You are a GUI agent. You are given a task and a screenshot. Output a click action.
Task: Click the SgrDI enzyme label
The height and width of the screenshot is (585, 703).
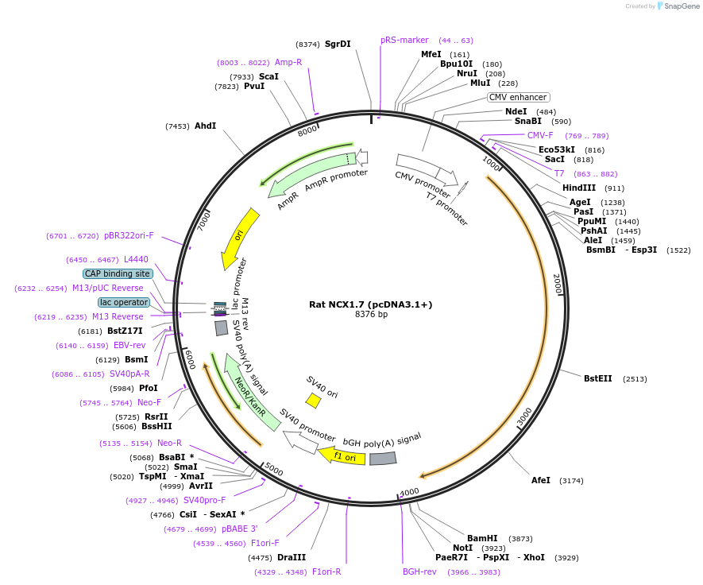coord(337,45)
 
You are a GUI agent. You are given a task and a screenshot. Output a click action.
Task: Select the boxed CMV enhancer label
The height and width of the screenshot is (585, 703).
coord(518,97)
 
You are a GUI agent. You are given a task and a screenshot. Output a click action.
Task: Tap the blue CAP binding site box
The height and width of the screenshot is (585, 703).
coord(118,273)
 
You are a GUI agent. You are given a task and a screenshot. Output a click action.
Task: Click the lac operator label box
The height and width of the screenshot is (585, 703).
coord(124,302)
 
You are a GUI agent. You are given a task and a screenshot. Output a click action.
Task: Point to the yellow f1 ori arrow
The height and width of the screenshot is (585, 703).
coord(342,456)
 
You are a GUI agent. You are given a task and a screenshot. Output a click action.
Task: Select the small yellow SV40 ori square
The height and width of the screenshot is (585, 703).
coord(314,401)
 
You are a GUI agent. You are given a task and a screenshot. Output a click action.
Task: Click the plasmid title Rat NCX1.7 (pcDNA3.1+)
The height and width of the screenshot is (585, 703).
coord(371,304)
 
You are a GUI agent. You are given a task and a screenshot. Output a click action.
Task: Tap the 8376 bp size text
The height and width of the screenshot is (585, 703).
coord(371,315)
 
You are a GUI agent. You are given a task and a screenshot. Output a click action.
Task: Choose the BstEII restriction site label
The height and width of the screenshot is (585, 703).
coord(598,378)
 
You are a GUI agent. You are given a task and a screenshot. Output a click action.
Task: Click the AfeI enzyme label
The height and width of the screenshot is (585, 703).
coord(541,480)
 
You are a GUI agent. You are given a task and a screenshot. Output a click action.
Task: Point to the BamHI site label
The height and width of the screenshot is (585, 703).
coord(482,538)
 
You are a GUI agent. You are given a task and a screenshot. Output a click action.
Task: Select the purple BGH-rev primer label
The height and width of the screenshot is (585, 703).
coord(419,571)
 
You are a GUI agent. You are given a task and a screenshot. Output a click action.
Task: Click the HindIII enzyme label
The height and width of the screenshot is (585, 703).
coord(579,188)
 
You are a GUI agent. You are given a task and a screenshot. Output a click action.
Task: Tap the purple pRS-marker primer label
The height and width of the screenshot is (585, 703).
coord(404,40)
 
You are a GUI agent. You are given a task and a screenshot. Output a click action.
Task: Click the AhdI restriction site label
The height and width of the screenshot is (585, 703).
coord(206,126)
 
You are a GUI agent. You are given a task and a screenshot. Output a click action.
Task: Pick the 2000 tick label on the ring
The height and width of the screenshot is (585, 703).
coord(557,283)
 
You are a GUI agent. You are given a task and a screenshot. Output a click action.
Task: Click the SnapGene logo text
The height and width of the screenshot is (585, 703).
coord(681,6)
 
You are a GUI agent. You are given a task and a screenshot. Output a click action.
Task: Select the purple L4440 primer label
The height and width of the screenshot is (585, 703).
coord(136,259)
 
